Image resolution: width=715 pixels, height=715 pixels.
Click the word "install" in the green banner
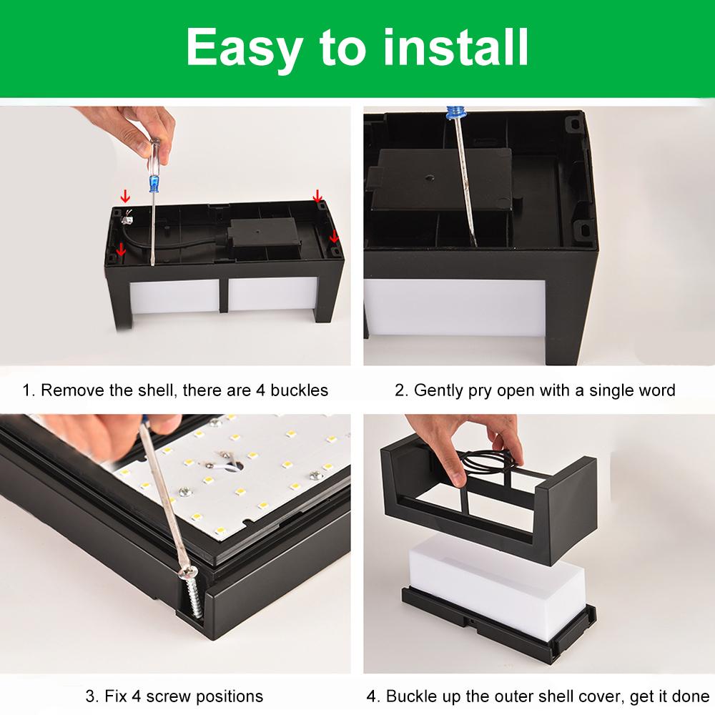[x=456, y=47]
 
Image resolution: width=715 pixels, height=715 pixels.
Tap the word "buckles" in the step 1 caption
[x=299, y=390]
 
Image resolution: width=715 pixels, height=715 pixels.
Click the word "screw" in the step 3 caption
[x=169, y=696]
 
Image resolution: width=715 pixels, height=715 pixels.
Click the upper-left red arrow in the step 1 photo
[x=125, y=197]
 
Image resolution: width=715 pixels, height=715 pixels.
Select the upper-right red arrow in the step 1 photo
[x=318, y=196]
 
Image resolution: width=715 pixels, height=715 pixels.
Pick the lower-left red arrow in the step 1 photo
[x=121, y=250]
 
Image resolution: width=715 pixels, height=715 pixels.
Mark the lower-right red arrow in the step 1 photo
[x=334, y=236]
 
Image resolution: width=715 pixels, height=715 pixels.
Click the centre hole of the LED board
[x=239, y=466]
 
